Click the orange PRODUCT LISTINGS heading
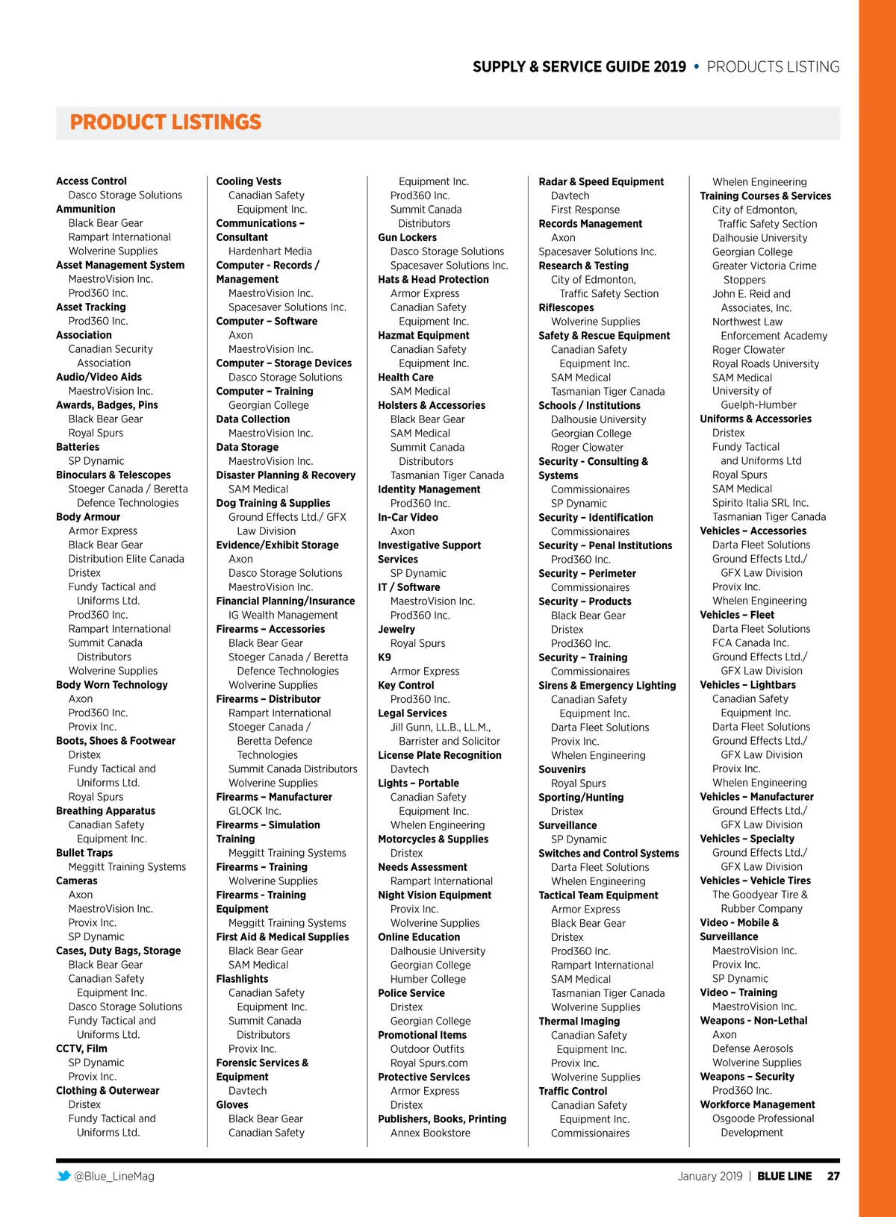(x=165, y=122)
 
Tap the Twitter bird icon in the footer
(x=63, y=1176)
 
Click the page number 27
(x=833, y=1176)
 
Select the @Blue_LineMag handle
(x=114, y=1176)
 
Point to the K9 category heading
(x=385, y=657)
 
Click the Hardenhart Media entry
(x=270, y=251)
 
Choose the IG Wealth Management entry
(x=283, y=615)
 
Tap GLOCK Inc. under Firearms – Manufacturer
(x=255, y=811)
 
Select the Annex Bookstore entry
(x=430, y=1133)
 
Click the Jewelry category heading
(x=396, y=629)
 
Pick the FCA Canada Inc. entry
(x=750, y=642)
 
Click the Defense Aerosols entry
(x=753, y=1048)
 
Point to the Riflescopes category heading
(x=566, y=307)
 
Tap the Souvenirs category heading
(x=562, y=769)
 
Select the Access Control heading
(x=91, y=181)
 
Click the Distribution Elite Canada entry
(x=126, y=559)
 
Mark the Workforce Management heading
(x=757, y=1104)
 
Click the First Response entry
(x=585, y=210)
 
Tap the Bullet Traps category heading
(x=84, y=853)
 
